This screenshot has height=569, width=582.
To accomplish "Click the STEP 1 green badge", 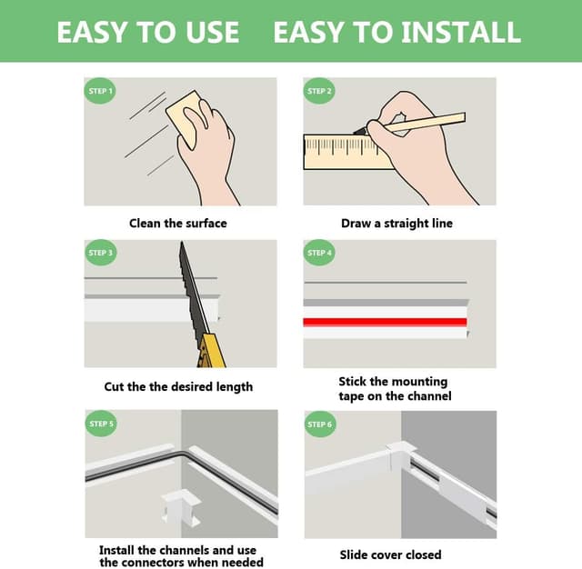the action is (x=100, y=91).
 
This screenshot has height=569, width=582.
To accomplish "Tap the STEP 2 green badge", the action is (x=319, y=91).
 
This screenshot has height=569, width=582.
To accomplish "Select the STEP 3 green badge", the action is (x=100, y=253).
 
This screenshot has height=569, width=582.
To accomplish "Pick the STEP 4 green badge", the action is (x=319, y=253).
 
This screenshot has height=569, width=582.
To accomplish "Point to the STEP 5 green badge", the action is (x=101, y=424).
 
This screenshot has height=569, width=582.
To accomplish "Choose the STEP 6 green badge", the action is (x=320, y=424).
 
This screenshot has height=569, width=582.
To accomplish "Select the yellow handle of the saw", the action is (x=211, y=351).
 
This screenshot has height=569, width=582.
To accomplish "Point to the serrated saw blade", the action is (x=192, y=289).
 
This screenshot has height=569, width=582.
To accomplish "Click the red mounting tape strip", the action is (x=385, y=322).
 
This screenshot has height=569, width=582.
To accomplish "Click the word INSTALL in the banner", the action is (x=461, y=32).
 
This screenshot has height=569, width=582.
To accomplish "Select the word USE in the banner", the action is (x=212, y=32).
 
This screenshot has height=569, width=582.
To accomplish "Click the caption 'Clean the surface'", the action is (x=178, y=224).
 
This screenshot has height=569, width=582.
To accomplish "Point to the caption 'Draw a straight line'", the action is (x=396, y=224).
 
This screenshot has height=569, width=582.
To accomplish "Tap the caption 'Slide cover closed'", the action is (x=390, y=554).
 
